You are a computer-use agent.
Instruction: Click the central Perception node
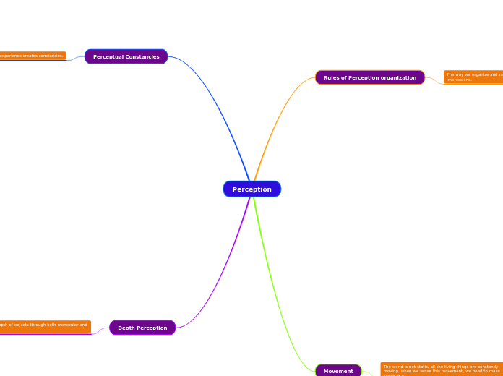point(252,189)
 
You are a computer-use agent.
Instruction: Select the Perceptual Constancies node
point(126,56)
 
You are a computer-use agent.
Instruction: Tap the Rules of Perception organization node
point(369,77)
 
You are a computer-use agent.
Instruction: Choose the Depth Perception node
point(142,328)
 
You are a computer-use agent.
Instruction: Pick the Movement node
point(338,371)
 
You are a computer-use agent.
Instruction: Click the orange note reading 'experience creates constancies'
point(32,56)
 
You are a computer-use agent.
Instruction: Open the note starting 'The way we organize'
point(473,77)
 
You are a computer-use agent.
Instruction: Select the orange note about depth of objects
point(44,326)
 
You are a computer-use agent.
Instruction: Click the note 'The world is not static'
point(442,369)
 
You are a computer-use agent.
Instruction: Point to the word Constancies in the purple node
point(145,56)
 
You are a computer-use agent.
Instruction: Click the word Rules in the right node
point(332,77)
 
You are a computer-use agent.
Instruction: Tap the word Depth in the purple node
point(127,328)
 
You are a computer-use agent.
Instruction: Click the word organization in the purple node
point(397,77)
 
